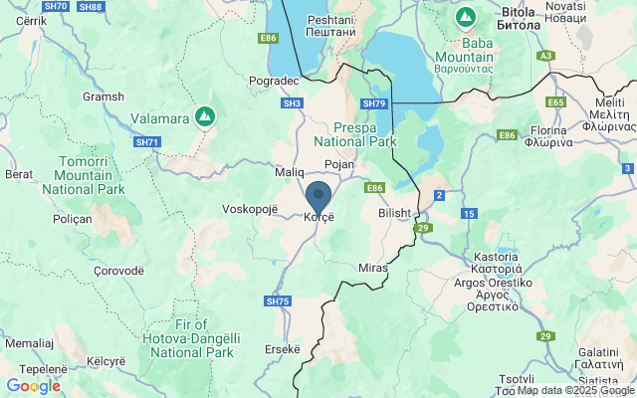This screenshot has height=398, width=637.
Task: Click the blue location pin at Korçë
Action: [318, 197]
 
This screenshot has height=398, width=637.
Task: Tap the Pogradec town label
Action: [275, 81]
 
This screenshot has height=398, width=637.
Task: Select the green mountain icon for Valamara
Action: [204, 117]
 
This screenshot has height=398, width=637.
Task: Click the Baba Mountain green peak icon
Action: [465, 17]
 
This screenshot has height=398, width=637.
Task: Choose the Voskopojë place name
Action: [253, 210]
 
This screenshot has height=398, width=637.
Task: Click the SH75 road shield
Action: [278, 301]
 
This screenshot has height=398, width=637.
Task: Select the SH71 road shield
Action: [147, 142]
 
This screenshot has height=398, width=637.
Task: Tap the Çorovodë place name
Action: [118, 270]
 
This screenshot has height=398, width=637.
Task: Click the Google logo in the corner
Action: [33, 386]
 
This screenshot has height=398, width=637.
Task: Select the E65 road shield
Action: [555, 101]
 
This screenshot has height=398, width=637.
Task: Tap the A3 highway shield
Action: [545, 56]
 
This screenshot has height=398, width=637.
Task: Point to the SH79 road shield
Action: [373, 103]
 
